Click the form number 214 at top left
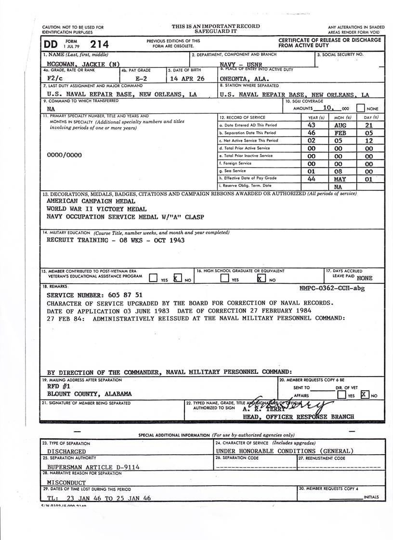[x=99, y=44]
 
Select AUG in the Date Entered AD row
[x=341, y=125]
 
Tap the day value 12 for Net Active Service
[x=368, y=140]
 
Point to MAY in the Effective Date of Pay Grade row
[x=341, y=178]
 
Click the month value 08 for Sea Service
[x=341, y=171]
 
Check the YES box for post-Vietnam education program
[x=153, y=278]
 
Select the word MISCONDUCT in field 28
[x=66, y=482]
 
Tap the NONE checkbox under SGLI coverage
[x=361, y=109]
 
